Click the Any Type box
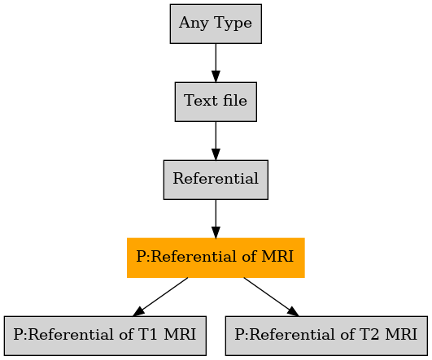(x=216, y=24)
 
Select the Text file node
(x=216, y=102)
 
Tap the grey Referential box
(x=216, y=180)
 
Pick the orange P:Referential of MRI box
(x=216, y=258)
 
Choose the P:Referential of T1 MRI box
(x=105, y=336)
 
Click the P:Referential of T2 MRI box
(x=326, y=336)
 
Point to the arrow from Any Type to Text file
(x=216, y=63)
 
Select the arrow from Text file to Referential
(x=216, y=141)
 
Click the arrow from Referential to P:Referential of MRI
(x=216, y=219)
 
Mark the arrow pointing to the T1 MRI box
(x=160, y=297)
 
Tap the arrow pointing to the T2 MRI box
(x=271, y=297)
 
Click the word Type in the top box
(x=233, y=23)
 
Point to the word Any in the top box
(x=194, y=23)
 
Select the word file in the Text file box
(x=235, y=100)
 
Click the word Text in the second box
(x=201, y=100)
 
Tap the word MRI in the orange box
(x=277, y=256)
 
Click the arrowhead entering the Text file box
(x=216, y=76)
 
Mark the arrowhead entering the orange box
(x=216, y=232)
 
